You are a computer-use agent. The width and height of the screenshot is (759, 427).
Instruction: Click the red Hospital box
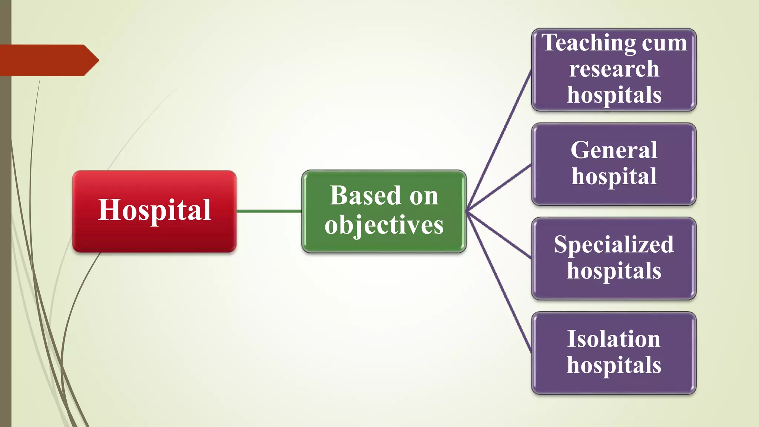pyautogui.click(x=154, y=211)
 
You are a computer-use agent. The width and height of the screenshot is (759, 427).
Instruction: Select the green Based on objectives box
pyautogui.click(x=384, y=211)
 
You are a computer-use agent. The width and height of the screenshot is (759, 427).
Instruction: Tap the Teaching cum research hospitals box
pyautogui.click(x=614, y=70)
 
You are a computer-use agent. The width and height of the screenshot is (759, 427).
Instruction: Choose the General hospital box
pyautogui.click(x=614, y=164)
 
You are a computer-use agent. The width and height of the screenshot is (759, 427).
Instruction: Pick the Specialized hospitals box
pyautogui.click(x=614, y=258)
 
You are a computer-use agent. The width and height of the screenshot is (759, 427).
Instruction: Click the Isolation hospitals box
pyautogui.click(x=614, y=353)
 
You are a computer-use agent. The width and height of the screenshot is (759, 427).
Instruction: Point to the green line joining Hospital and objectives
pyautogui.click(x=269, y=211)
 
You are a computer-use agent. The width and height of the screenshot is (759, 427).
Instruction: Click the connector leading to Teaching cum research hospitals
pyautogui.click(x=499, y=141)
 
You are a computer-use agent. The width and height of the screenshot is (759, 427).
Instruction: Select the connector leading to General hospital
pyautogui.click(x=499, y=188)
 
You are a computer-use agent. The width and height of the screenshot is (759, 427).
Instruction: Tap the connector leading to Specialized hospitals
pyautogui.click(x=499, y=235)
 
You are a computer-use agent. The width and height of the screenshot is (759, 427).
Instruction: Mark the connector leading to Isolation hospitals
pyautogui.click(x=499, y=282)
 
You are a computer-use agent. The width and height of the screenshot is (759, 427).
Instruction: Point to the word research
pyautogui.click(x=614, y=69)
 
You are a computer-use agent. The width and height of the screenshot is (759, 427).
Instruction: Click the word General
pyautogui.click(x=614, y=150)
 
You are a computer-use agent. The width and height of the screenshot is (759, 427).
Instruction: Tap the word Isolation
pyautogui.click(x=614, y=339)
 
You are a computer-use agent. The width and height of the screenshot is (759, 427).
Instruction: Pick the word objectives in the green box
pyautogui.click(x=384, y=225)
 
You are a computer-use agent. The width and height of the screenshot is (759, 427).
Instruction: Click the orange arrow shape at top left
pyautogui.click(x=48, y=60)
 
